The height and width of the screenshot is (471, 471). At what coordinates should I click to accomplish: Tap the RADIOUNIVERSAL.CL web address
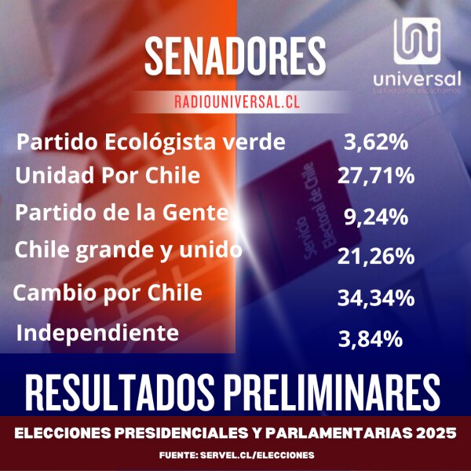pyautogui.click(x=235, y=102)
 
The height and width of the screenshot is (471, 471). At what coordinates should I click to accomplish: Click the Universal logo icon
pyautogui.click(x=417, y=42)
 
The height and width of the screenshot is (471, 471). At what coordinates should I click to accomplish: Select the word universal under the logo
pyautogui.click(x=417, y=79)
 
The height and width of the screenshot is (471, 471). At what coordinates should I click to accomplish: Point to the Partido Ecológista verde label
pyautogui.click(x=151, y=143)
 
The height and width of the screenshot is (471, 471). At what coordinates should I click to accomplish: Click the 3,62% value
pyautogui.click(x=376, y=143)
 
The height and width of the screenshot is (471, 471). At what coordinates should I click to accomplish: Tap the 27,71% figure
pyautogui.click(x=375, y=176)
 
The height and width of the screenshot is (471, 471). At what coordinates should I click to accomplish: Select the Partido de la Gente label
pyautogui.click(x=122, y=213)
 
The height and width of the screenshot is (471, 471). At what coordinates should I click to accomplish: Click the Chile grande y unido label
pyautogui.click(x=128, y=251)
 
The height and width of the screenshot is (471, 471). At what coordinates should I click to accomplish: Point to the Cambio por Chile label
pyautogui.click(x=108, y=294)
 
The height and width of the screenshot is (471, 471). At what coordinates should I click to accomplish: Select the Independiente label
pyautogui.click(x=97, y=333)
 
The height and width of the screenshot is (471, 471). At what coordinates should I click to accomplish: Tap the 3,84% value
pyautogui.click(x=371, y=338)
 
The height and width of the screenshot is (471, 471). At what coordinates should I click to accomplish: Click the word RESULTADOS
pyautogui.click(x=122, y=389)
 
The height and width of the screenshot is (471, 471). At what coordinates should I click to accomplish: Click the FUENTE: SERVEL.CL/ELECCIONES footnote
pyautogui.click(x=235, y=455)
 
